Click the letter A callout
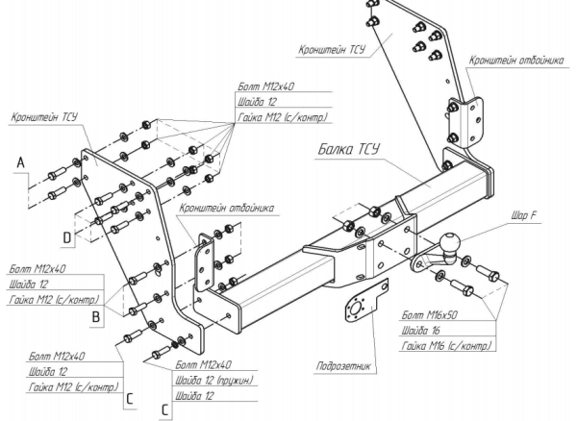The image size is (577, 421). pos(20,165)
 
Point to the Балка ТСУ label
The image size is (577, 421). pos(349,150)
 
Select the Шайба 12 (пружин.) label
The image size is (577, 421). pos(214,380)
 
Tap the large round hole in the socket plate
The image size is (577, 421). pos(356,310)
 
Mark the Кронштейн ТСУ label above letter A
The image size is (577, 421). pos(45,119)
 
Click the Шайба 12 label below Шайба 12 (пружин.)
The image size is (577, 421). pos(194,395)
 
